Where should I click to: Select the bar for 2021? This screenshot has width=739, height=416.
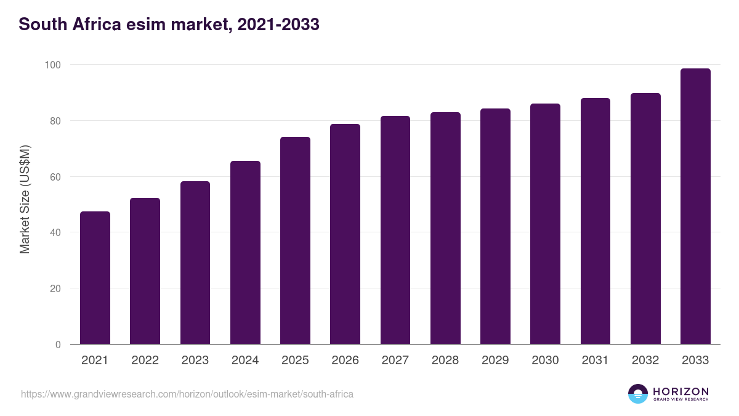[95, 278]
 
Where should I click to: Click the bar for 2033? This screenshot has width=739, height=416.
[695, 206]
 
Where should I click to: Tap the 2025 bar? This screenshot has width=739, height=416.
[295, 240]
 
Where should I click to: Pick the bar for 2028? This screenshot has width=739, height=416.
[445, 228]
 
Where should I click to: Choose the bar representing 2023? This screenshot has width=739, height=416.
[195, 263]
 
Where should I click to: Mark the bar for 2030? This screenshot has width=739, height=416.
[545, 224]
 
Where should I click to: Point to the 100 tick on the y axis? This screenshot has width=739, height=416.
[52, 65]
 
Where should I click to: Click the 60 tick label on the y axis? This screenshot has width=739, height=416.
[55, 177]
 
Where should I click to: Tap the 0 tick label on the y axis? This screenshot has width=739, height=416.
[58, 345]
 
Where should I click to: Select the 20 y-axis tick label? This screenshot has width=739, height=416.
[55, 288]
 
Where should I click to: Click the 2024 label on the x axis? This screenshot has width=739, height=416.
[245, 361]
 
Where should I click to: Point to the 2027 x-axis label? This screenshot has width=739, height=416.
[395, 361]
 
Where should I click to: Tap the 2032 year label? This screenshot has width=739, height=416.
[645, 361]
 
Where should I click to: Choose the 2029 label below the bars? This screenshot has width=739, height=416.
[495, 361]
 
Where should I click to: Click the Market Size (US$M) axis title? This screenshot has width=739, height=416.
[25, 199]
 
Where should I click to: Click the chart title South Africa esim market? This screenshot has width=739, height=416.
[169, 25]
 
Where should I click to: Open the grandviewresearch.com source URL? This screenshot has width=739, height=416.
[187, 394]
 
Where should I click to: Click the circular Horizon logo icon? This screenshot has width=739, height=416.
[638, 394]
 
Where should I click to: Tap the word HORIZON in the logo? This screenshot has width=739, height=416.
[680, 391]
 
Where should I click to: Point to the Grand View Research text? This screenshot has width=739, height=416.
[680, 400]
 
